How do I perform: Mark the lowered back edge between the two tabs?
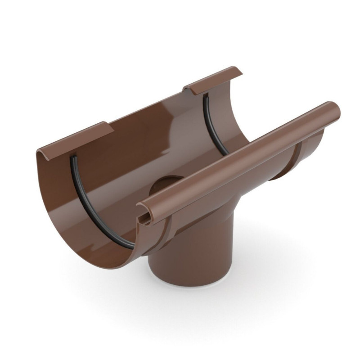pos(148,108)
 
